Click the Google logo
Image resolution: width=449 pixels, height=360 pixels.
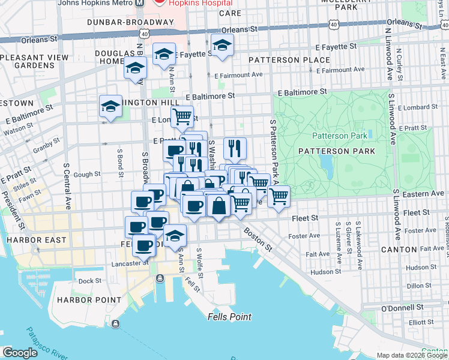[x=20, y=353]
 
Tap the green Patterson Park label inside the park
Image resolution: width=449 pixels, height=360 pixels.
[x=339, y=136]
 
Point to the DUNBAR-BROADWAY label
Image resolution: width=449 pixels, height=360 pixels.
[x=130, y=22]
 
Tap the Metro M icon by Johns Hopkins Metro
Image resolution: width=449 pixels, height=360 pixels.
[x=140, y=2]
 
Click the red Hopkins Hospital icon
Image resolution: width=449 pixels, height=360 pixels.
[x=160, y=2]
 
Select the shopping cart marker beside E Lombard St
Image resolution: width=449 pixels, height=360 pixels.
[x=182, y=115]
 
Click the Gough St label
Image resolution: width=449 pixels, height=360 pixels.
[x=87, y=174]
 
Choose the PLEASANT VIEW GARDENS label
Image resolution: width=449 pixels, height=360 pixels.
[x=26, y=61]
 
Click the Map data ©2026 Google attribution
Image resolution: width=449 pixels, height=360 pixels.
[x=412, y=355]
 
